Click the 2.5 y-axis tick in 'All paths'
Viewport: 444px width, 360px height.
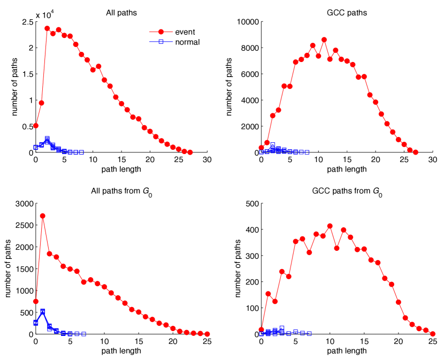pos(26,22)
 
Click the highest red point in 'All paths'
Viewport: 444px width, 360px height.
pos(47,28)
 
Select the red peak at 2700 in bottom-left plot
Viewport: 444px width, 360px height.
pos(43,216)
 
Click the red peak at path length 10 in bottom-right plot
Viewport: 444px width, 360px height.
pos(330,226)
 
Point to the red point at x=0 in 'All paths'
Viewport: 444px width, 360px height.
pos(36,126)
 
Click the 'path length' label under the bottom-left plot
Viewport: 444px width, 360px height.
pos(121,351)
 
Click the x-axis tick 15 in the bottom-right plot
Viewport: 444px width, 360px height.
pos(364,341)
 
